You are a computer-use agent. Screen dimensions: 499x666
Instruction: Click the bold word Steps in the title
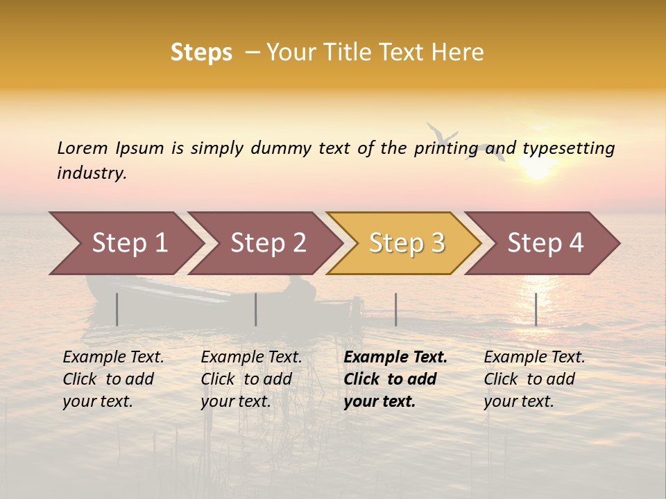[x=201, y=53]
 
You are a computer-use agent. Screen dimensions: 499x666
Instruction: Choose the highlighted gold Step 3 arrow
[x=405, y=243]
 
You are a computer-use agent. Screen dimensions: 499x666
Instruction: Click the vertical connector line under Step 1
[x=117, y=309]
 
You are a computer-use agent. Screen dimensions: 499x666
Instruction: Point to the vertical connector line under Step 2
[x=256, y=309]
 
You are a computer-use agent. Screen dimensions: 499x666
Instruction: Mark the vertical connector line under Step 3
[x=396, y=309]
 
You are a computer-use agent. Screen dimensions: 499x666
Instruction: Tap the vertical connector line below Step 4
[x=536, y=309]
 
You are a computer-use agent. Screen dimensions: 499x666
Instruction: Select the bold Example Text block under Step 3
[x=395, y=379]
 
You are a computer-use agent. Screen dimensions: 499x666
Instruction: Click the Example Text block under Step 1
[x=113, y=379]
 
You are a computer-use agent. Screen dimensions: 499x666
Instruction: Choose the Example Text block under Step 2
[x=251, y=379]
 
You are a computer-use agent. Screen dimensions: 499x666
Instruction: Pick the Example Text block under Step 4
[x=533, y=379]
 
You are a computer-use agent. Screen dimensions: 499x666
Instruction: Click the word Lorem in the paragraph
[x=83, y=148]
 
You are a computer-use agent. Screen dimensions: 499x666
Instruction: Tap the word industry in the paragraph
[x=92, y=173]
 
